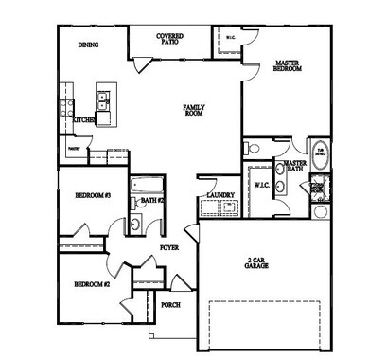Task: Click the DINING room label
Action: click(x=88, y=44)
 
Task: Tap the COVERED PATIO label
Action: click(x=170, y=39)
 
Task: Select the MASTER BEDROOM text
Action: click(x=288, y=66)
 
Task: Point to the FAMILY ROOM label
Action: click(x=196, y=110)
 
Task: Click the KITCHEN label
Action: click(x=84, y=120)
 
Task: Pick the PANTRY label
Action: click(x=74, y=148)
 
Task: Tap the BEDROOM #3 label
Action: click(x=94, y=196)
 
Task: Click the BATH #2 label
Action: click(x=153, y=200)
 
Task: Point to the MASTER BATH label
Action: click(x=295, y=167)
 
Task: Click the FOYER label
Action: click(x=168, y=247)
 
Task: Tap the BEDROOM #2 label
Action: click(x=93, y=284)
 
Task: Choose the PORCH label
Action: click(x=170, y=305)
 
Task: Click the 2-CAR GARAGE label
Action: click(x=256, y=263)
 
